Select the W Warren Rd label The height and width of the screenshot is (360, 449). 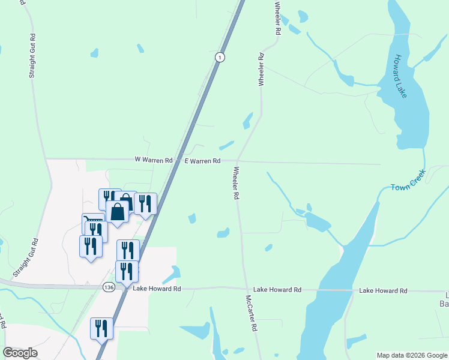coord(154,160)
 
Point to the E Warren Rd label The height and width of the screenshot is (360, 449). coord(202,161)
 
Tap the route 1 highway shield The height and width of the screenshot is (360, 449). coord(220,57)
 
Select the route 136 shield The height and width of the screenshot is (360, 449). coord(109,287)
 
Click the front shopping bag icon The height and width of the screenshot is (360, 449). coord(118,212)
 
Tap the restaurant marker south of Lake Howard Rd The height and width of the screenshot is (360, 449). coord(101,328)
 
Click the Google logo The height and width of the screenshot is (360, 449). coord(20,353)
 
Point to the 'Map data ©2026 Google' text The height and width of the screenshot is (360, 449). coord(412,355)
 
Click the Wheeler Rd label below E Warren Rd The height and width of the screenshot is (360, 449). coord(235,184)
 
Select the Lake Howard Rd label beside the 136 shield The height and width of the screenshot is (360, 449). coord(157,289)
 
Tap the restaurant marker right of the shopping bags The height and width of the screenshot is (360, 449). coord(145,203)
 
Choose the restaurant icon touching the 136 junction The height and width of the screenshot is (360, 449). coord(127,271)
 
